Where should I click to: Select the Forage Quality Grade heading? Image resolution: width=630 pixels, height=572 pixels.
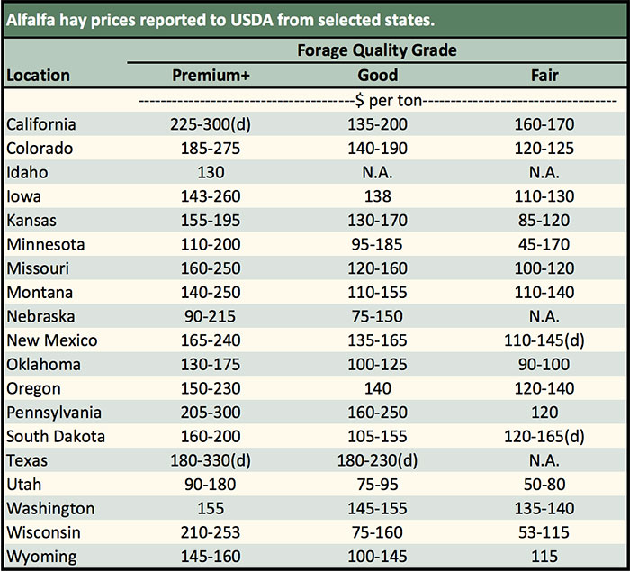pos(377,50)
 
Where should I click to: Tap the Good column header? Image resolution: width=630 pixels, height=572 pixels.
pos(377,76)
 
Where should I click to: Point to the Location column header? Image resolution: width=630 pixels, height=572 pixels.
pos(39,76)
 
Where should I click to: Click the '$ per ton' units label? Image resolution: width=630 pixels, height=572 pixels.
pos(377,100)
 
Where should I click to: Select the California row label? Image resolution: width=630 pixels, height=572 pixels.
pos(41,124)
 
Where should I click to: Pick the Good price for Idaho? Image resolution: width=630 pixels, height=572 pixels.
pos(377,172)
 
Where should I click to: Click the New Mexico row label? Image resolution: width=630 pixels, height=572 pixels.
pos(52,340)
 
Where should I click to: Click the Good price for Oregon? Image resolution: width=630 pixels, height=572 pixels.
pos(377,388)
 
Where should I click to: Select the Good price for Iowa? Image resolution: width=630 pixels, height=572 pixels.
pos(377,196)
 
